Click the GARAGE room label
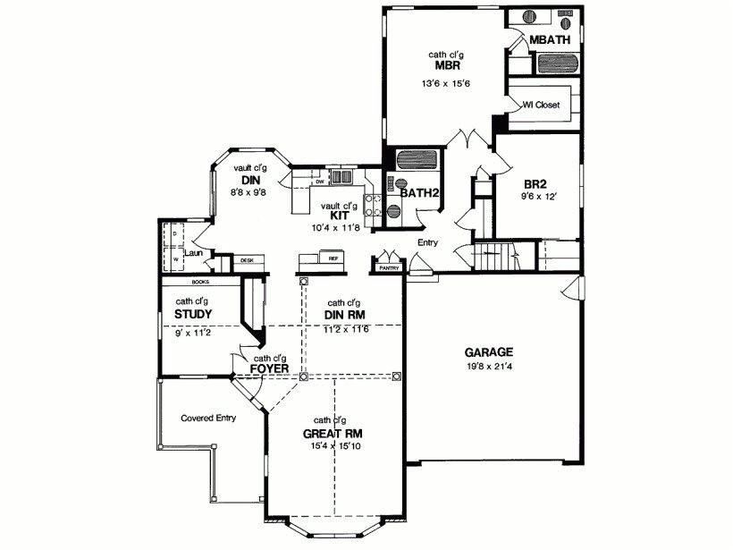click(488, 351)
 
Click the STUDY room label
click(193, 315)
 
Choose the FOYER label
click(268, 368)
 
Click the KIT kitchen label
click(339, 216)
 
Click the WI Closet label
click(541, 105)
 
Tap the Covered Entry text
click(207, 418)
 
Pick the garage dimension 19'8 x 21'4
click(488, 366)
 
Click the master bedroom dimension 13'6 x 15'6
click(446, 83)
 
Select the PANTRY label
click(389, 267)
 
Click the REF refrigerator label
click(333, 258)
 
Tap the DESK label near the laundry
click(248, 260)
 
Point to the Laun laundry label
click(194, 253)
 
